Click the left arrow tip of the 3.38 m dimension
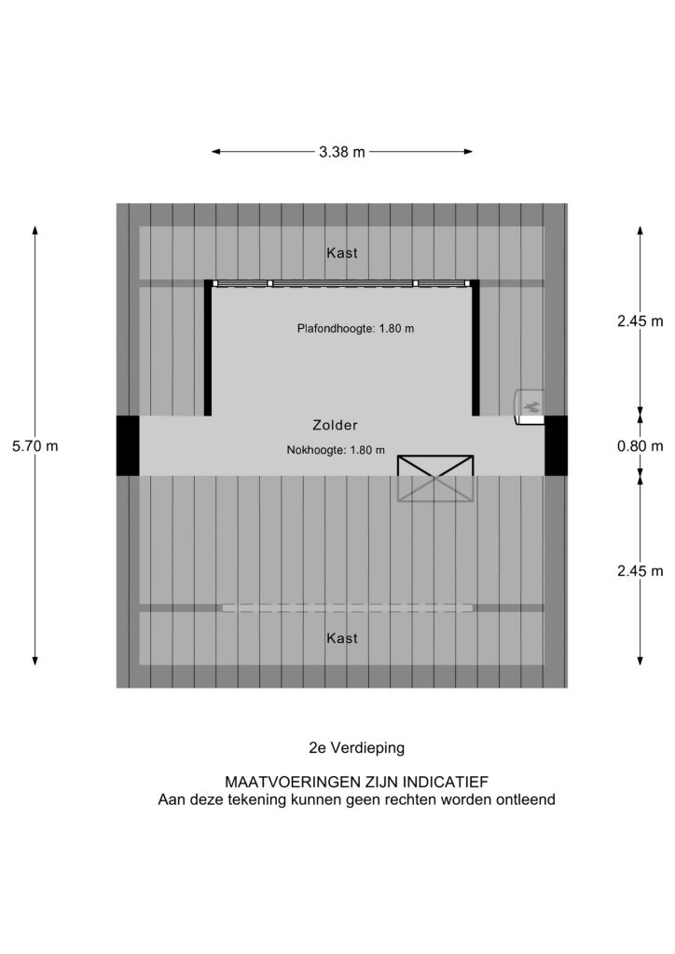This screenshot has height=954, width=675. click(212, 152)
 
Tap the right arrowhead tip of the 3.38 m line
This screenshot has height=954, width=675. click(473, 152)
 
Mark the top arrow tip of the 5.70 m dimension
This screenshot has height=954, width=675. click(35, 226)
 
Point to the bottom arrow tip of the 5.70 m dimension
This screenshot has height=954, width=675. click(35, 665)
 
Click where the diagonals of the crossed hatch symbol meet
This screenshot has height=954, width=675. click(435, 478)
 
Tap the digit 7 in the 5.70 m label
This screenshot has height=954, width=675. click(28, 446)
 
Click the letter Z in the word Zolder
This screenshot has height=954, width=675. click(317, 425)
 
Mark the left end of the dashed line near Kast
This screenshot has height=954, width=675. click(222, 607)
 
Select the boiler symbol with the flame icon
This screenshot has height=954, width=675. click(530, 405)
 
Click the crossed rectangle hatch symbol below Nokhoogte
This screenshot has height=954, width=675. click(435, 478)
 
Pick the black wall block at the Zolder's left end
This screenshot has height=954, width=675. click(128, 446)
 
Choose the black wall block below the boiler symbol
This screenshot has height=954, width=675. click(556, 446)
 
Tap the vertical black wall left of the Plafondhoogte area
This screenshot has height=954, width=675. click(208, 348)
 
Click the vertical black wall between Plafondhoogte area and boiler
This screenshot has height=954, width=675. click(475, 348)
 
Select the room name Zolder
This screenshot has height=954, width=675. click(336, 425)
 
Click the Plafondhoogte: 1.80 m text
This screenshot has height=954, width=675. click(355, 329)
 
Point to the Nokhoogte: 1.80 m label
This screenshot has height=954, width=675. click(336, 450)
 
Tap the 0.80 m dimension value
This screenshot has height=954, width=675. click(641, 446)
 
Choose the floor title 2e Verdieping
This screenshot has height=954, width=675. click(357, 748)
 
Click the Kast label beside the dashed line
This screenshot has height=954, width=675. click(342, 638)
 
